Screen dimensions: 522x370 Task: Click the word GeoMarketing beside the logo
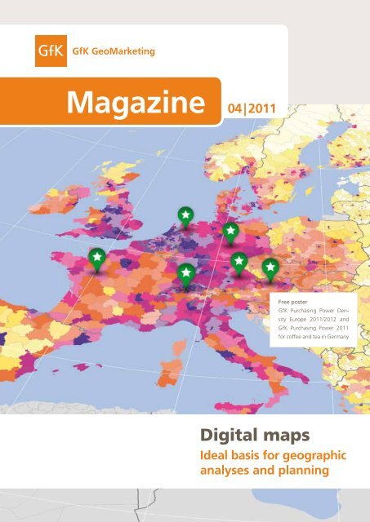pos(125,54)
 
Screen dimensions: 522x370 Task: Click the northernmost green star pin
pos(186,215)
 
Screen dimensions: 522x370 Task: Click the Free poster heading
pos(295,301)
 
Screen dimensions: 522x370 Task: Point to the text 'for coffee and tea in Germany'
pos(317,334)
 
